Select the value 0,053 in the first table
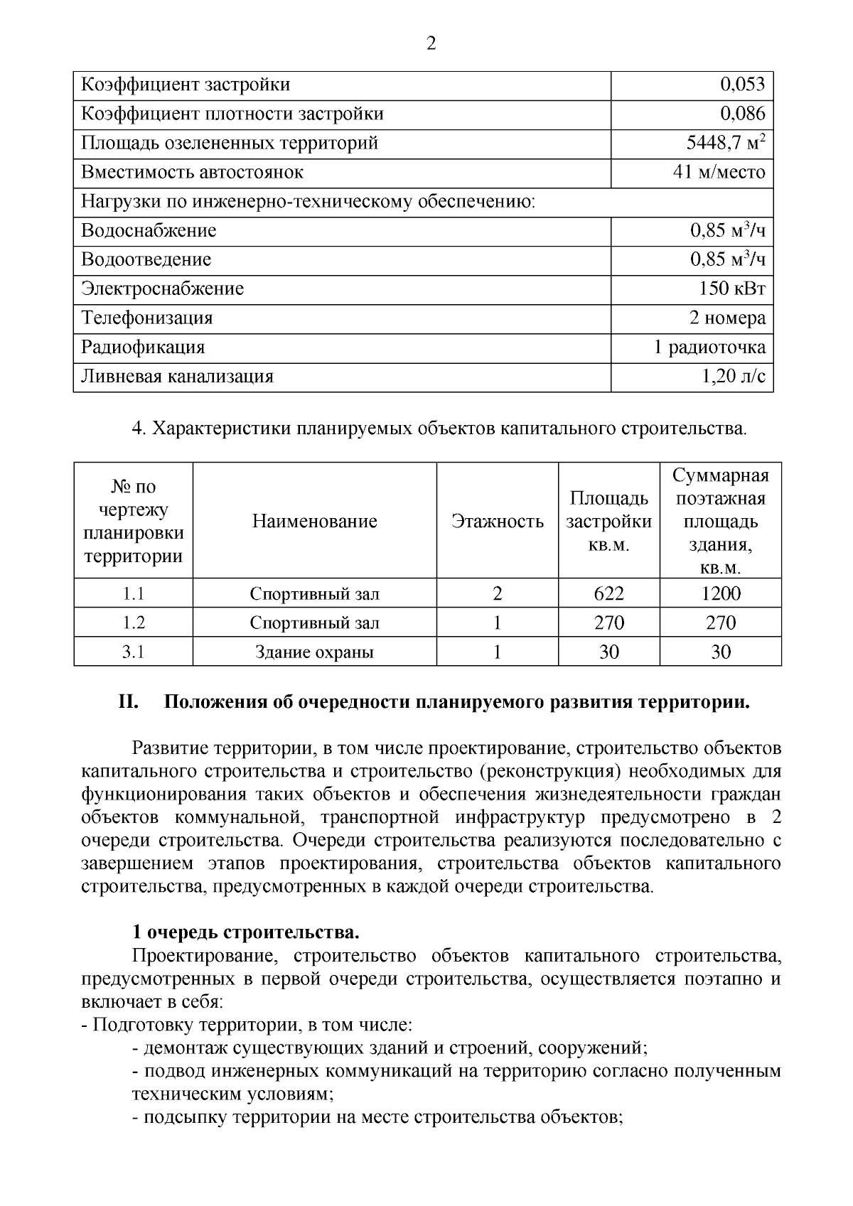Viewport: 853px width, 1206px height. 742,85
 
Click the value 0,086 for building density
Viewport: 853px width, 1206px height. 742,114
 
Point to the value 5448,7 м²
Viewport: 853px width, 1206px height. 725,143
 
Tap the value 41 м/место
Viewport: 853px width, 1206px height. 719,173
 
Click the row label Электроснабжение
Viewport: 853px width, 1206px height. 162,289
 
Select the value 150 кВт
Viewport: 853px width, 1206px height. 731,289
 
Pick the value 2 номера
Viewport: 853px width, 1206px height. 727,318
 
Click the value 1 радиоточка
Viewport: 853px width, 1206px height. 709,348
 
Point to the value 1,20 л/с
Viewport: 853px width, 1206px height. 734,377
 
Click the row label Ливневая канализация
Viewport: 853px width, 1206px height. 177,377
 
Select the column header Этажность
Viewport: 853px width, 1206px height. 498,522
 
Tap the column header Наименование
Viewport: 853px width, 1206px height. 314,522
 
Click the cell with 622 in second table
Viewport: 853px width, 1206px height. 608,593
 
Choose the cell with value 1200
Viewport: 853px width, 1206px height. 720,593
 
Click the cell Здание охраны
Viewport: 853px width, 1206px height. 314,652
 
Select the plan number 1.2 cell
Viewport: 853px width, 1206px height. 133,623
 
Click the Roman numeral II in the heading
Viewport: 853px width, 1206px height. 127,703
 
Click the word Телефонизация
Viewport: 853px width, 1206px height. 146,318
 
